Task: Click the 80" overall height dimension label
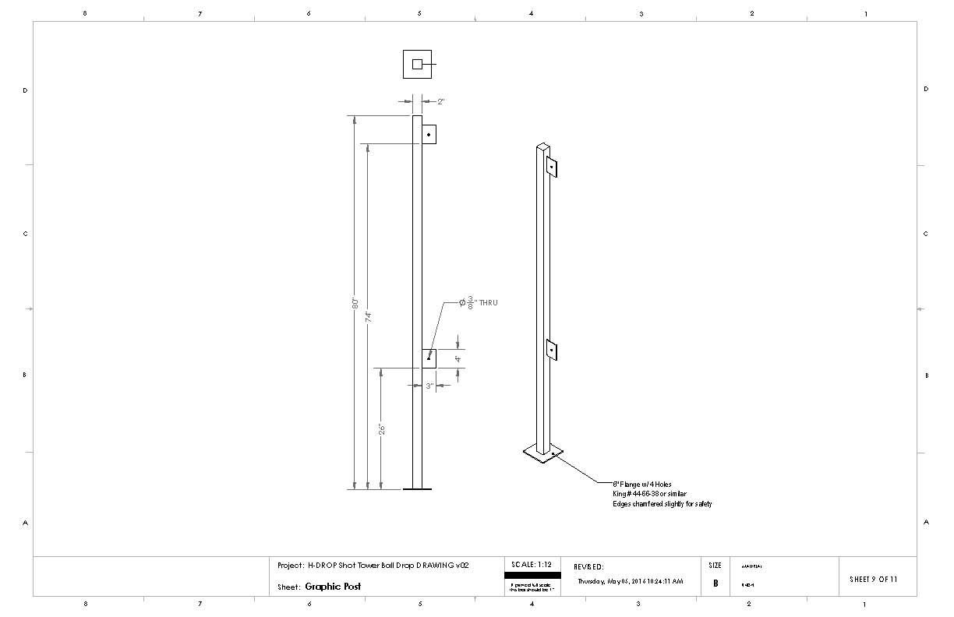click(355, 302)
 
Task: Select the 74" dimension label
click(369, 316)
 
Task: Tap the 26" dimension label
click(381, 429)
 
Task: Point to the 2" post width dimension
click(440, 101)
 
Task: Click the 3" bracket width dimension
click(429, 386)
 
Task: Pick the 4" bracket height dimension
click(458, 359)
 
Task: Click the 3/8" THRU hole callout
click(478, 302)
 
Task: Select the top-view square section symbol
click(417, 64)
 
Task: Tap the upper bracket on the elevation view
click(429, 135)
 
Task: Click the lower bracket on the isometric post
click(551, 351)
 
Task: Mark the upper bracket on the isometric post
click(551, 167)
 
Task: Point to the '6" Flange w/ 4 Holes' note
click(641, 484)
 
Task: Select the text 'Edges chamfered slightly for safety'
click(662, 504)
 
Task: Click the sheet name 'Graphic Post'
click(333, 587)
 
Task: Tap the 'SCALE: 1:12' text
click(532, 564)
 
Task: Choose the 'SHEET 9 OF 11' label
click(873, 579)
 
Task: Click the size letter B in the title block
click(715, 584)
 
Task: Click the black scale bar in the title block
click(532, 575)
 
